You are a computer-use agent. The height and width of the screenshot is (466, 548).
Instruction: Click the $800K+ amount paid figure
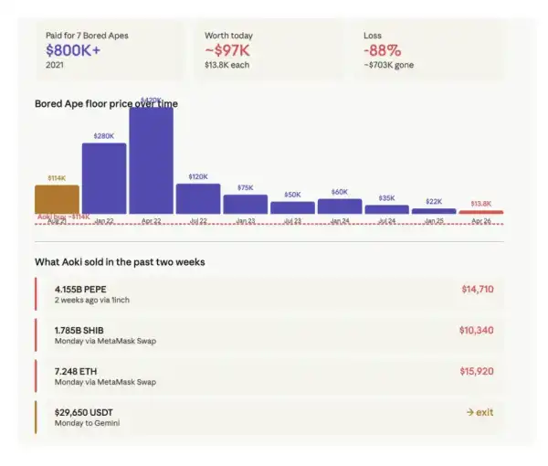tap(74, 51)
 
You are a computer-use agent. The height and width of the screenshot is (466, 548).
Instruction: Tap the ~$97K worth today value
tap(227, 51)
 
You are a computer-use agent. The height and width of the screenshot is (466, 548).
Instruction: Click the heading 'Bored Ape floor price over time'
tap(106, 104)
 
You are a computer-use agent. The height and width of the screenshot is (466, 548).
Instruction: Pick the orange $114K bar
tap(57, 199)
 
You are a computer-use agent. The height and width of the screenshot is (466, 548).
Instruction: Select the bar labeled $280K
tap(104, 178)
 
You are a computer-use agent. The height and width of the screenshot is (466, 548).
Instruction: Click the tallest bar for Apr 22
tap(152, 160)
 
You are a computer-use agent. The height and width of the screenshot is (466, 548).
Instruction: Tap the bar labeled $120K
tap(198, 198)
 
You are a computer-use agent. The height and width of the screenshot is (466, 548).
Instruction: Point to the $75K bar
tap(246, 204)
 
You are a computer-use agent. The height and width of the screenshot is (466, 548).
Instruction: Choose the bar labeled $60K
tap(340, 206)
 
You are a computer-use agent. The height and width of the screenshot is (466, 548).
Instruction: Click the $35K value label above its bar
tap(386, 197)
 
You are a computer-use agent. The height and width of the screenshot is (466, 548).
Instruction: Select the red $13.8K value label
tap(480, 204)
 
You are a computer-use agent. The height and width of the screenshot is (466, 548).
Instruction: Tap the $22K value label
tap(434, 201)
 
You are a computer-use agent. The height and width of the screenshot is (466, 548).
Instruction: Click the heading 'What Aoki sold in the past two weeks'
tap(120, 262)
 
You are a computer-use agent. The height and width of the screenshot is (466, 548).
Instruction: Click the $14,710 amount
tap(477, 290)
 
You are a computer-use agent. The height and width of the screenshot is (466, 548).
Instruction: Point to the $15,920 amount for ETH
tap(477, 372)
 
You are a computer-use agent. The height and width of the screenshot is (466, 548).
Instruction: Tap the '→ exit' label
tap(479, 412)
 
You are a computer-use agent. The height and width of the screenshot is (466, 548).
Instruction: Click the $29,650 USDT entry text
tap(87, 412)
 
